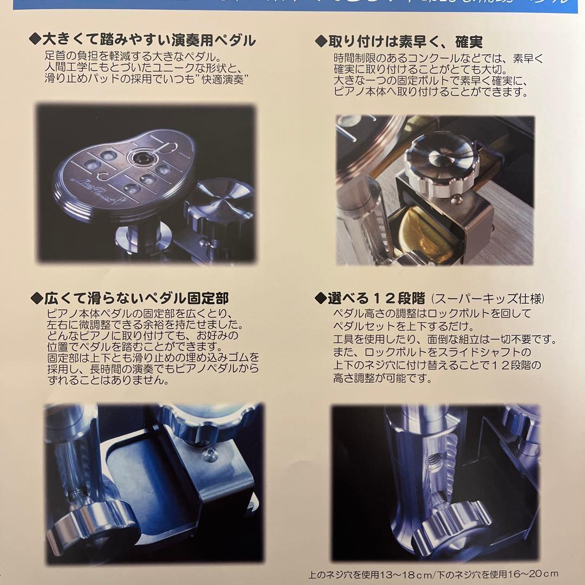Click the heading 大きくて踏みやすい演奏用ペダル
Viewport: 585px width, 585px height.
149,41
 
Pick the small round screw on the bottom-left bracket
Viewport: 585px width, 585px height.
208,456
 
